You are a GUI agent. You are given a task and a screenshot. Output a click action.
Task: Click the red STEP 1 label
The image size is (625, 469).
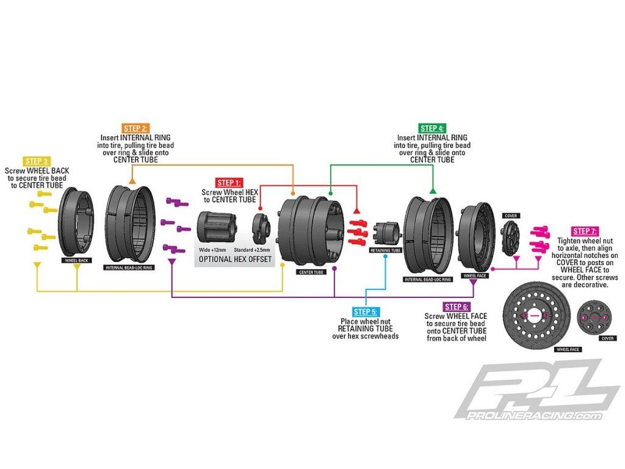tap(229, 183)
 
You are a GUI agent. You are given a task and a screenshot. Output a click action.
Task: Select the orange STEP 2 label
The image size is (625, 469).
tap(135, 128)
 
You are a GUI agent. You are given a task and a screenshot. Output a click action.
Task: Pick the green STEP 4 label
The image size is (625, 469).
tap(432, 128)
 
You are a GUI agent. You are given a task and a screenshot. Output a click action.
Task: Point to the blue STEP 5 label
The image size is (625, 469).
tap(366, 312)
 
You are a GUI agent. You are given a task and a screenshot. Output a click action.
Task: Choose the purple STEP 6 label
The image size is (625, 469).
tap(457, 307)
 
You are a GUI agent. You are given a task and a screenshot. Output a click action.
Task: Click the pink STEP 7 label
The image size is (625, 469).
tap(584, 231)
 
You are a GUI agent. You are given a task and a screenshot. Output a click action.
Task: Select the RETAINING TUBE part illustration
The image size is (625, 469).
tap(386, 233)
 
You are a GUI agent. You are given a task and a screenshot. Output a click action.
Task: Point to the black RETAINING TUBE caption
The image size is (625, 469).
tap(385, 250)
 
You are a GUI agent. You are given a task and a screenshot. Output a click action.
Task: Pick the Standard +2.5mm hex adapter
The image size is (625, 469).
tap(262, 227)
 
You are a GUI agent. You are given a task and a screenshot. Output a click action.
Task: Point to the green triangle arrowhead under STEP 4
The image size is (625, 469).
tap(433, 191)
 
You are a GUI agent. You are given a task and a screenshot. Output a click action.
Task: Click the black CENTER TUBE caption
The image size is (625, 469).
tap(310, 272)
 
